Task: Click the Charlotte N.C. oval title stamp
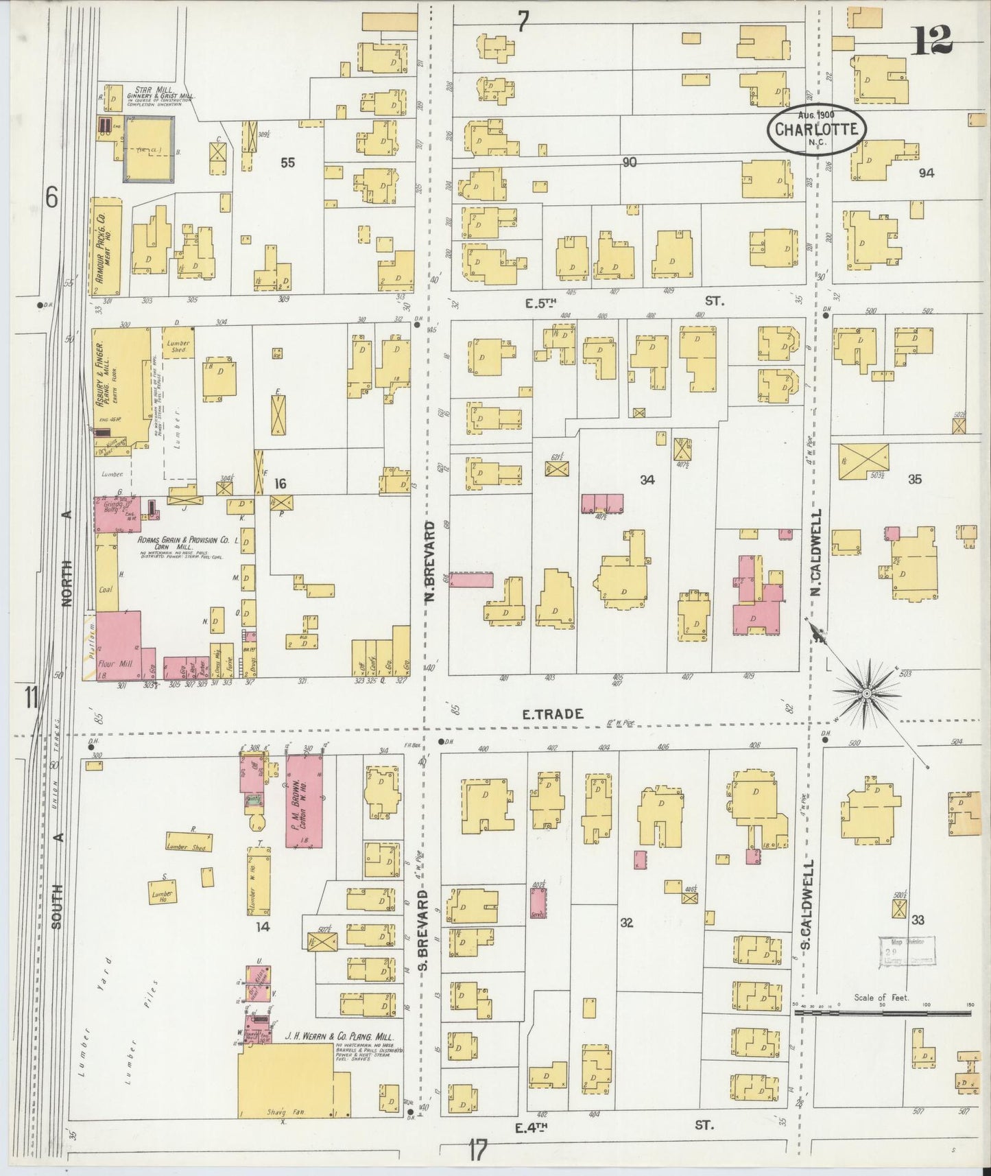coord(816,128)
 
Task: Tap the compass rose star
coord(867,694)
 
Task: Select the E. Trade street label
coord(553,714)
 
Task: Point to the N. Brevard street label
coord(430,562)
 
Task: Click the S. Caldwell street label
coord(807,904)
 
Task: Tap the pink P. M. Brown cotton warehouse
coord(304,801)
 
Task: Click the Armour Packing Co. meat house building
coord(106,247)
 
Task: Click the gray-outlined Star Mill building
coord(148,149)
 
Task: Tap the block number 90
coord(629,163)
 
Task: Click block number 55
coord(287,163)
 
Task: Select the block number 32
coord(626,923)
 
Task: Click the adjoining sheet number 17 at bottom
coord(478,1150)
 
